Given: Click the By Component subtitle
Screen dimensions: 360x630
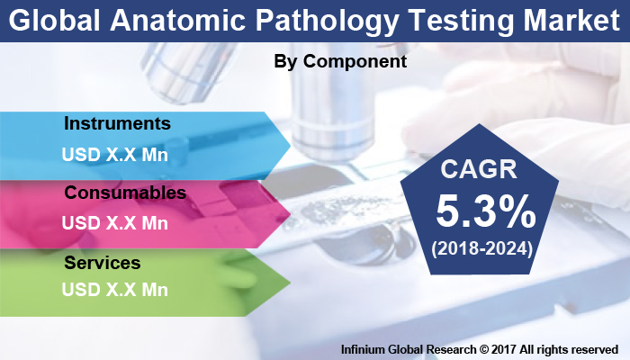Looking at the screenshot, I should [340, 62].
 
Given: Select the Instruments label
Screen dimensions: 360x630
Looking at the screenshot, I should [117, 122].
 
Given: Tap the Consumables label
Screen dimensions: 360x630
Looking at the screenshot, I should [125, 193].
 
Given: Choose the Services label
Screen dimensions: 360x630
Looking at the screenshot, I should [103, 263].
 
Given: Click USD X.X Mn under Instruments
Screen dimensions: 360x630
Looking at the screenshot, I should [114, 154].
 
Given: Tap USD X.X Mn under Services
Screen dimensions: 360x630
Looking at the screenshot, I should [114, 290].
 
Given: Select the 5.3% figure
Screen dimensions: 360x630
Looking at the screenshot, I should [485, 212].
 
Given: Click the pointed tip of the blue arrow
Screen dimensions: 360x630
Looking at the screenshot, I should [290, 143].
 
